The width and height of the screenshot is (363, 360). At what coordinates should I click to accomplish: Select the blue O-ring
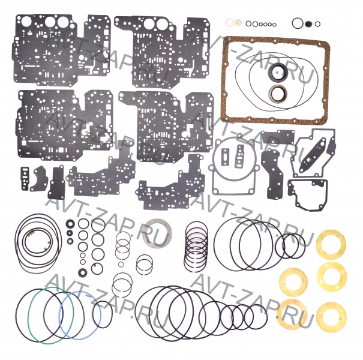point(60,315)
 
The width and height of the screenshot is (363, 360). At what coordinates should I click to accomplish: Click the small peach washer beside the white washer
point(237,23)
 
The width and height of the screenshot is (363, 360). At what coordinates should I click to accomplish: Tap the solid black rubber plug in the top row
point(308,24)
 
